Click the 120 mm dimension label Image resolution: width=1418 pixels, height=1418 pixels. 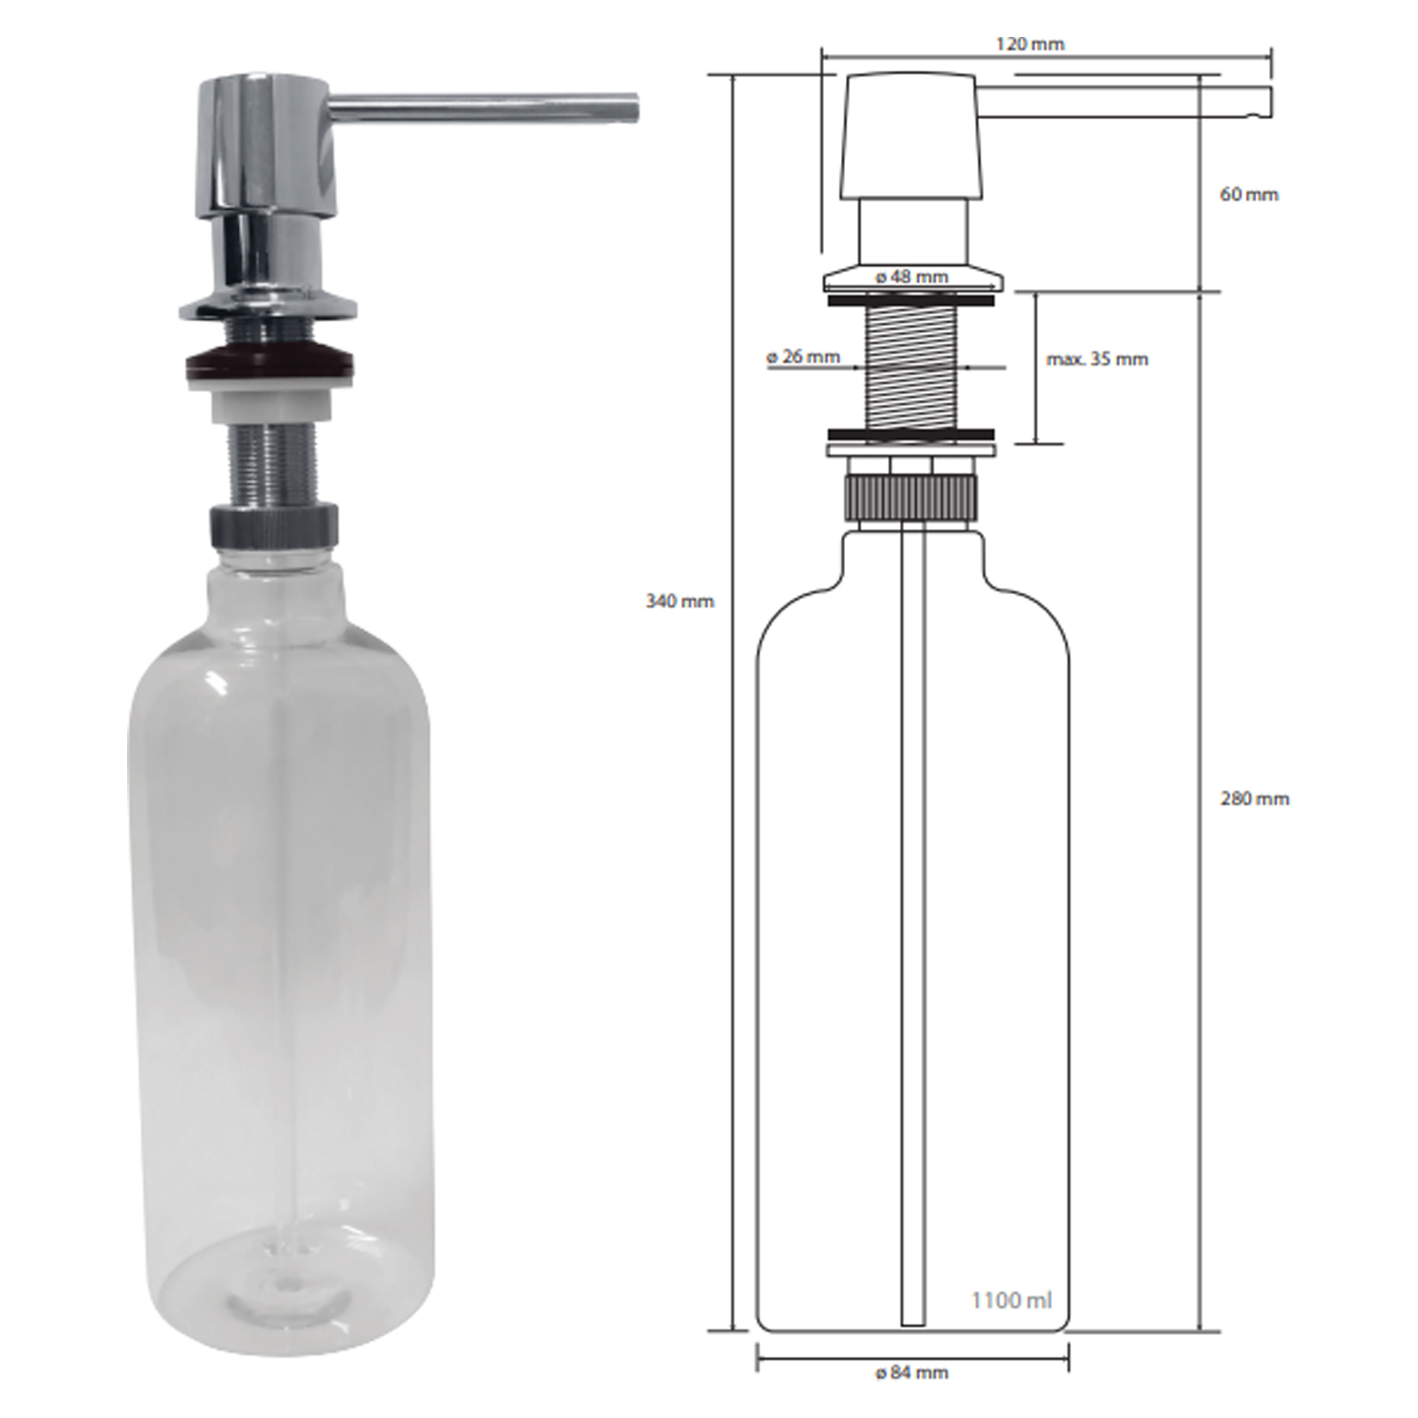(1029, 44)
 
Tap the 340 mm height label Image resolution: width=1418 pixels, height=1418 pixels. (680, 601)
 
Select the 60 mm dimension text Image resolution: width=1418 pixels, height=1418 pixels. (1249, 194)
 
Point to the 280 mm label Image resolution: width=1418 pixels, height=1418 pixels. (1254, 798)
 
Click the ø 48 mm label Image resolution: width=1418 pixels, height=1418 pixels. (912, 277)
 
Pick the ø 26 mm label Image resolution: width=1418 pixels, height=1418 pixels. (803, 357)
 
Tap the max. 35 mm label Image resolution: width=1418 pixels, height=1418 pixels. (1098, 359)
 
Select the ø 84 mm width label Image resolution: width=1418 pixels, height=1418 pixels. (912, 1373)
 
